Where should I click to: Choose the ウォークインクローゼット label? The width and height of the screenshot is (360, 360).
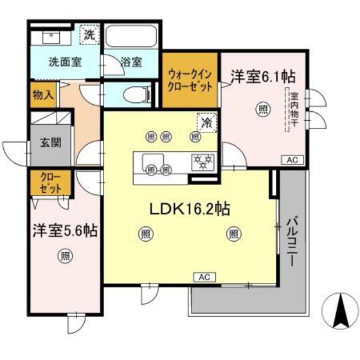point(190,80)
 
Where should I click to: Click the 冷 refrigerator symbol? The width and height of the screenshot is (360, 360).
point(207,121)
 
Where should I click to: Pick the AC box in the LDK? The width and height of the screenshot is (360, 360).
point(204,277)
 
